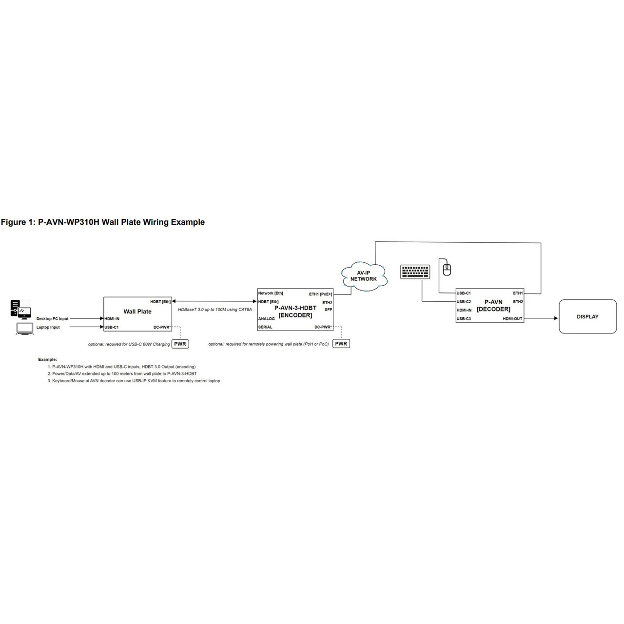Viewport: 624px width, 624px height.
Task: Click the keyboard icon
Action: click(x=415, y=272)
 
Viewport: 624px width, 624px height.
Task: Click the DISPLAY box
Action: click(x=587, y=317)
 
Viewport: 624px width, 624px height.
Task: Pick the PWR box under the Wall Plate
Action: click(x=180, y=344)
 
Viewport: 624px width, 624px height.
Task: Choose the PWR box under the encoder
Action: click(x=341, y=344)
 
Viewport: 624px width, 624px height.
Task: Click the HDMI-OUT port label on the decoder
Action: click(x=512, y=319)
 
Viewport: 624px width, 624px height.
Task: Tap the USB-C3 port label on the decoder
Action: click(x=464, y=319)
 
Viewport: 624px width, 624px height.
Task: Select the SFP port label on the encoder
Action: click(x=328, y=310)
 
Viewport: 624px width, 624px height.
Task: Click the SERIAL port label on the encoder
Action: click(x=265, y=327)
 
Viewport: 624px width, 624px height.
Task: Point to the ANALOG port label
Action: click(x=266, y=319)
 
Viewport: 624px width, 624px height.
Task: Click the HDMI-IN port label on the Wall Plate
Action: click(x=112, y=319)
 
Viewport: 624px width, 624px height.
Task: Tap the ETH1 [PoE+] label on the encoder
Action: click(x=320, y=294)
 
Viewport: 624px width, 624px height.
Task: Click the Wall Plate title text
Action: click(x=137, y=312)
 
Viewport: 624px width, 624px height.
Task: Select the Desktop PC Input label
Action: click(x=53, y=319)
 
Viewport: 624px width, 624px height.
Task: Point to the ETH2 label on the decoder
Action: click(x=518, y=302)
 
